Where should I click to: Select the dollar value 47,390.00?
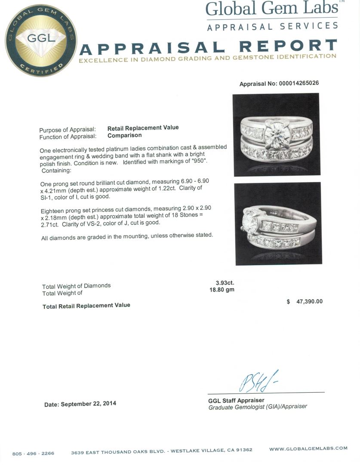pos(309,302)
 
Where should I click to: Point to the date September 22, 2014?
pos(80,404)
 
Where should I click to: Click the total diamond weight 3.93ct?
pos(225,282)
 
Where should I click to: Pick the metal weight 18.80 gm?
pos(222,290)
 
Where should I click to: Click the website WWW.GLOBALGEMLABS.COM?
pos(308,448)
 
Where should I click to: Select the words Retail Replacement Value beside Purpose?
pos(143,127)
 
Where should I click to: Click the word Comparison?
pos(124,135)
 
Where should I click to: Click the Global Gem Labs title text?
pos(272,9)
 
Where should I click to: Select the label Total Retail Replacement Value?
pos(86,305)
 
